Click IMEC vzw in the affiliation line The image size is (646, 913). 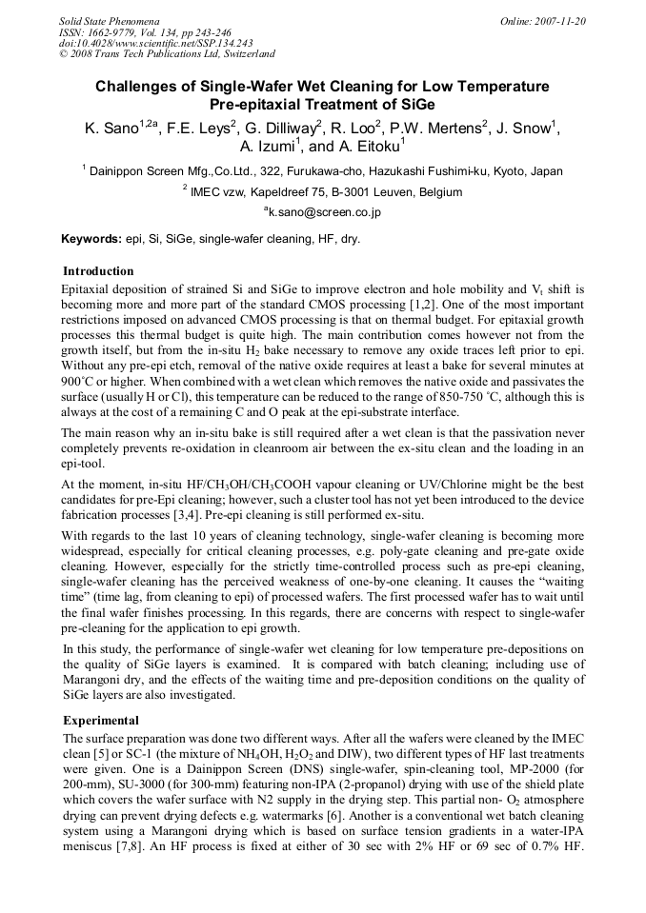222,192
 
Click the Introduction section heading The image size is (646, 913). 98,271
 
